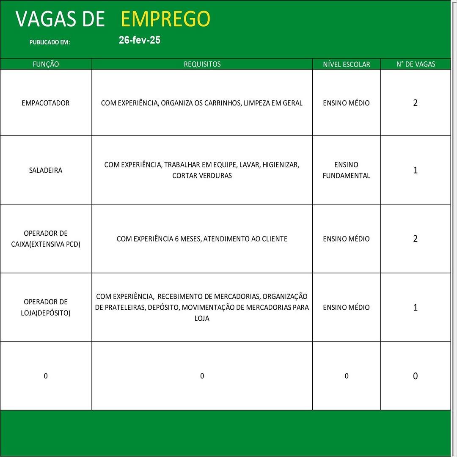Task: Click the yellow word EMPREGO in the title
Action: click(165, 19)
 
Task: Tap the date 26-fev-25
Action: click(140, 40)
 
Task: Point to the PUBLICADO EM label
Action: click(50, 42)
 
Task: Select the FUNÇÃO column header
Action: click(46, 64)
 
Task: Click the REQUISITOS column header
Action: click(202, 64)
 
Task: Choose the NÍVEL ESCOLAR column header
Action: click(346, 64)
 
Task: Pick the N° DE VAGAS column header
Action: click(416, 64)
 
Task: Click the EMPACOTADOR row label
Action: click(46, 103)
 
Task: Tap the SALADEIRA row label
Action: click(46, 170)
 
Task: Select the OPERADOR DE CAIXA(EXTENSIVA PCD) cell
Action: click(46, 239)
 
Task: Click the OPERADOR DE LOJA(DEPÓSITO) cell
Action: click(46, 307)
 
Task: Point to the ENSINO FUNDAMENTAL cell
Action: click(346, 170)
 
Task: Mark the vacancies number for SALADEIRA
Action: click(415, 170)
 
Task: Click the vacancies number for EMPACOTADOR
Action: click(415, 103)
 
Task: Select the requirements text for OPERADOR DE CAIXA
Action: click(202, 239)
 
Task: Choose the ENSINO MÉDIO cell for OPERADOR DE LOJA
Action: click(346, 307)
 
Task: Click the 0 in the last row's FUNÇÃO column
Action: click(46, 376)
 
